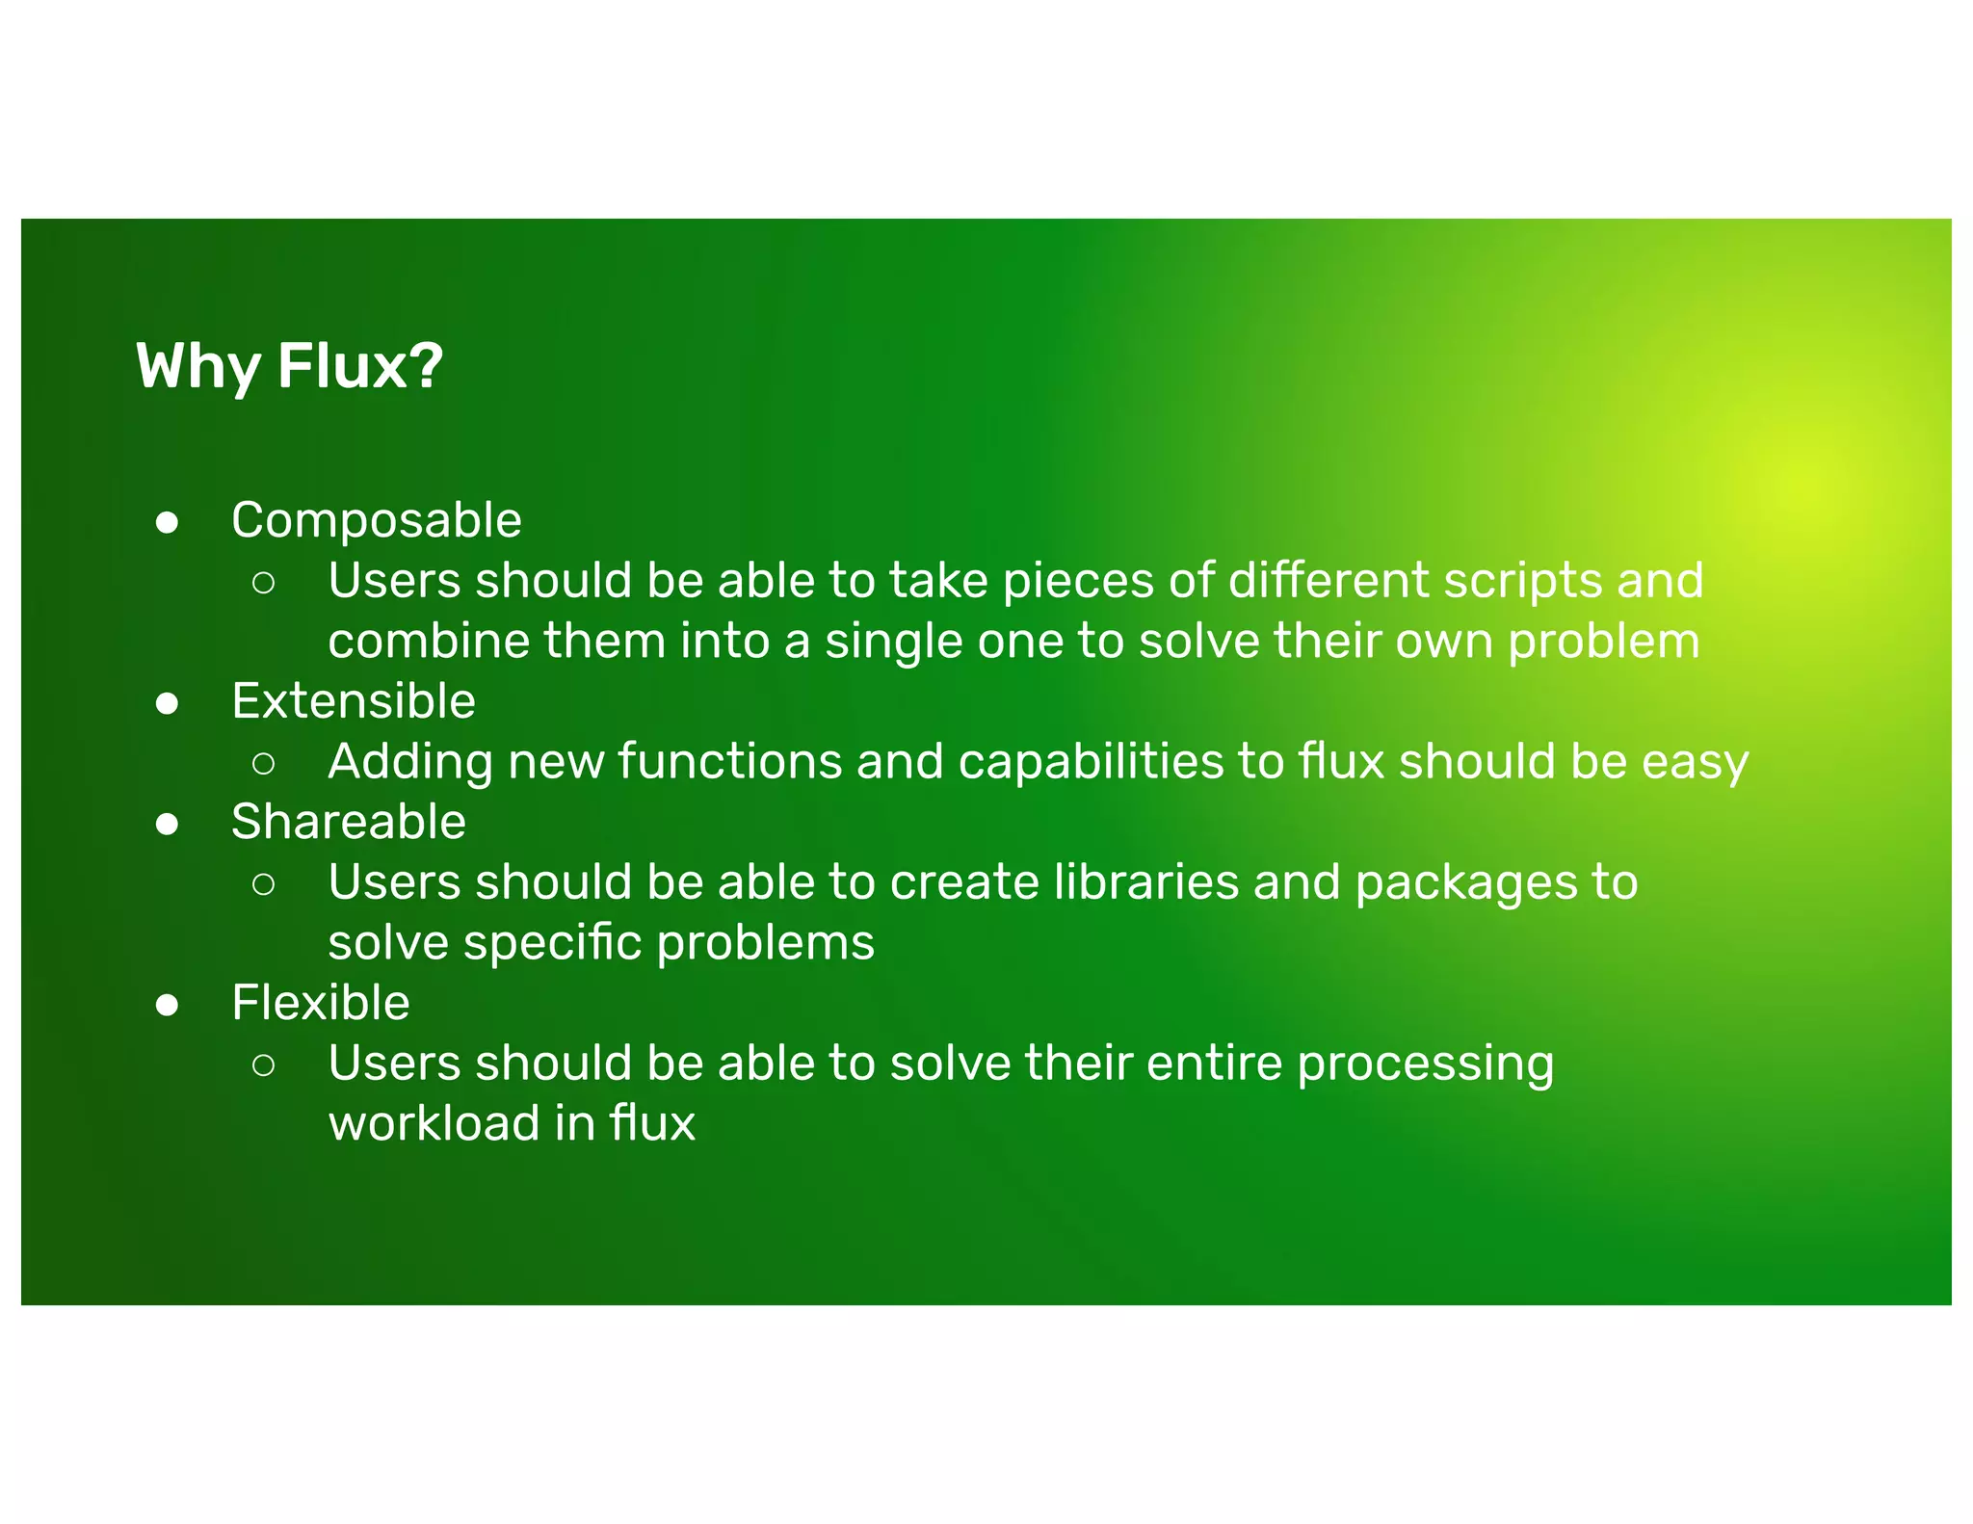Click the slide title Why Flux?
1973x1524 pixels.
point(289,366)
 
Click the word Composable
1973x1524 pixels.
point(376,520)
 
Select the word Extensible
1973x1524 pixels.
point(353,701)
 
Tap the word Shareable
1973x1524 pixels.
point(348,822)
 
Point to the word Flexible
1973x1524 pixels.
point(320,1003)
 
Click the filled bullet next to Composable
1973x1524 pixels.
point(167,523)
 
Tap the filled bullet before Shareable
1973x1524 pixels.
point(167,825)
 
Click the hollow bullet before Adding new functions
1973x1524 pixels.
point(263,764)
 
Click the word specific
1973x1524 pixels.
point(552,943)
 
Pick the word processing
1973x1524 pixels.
point(1425,1064)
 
